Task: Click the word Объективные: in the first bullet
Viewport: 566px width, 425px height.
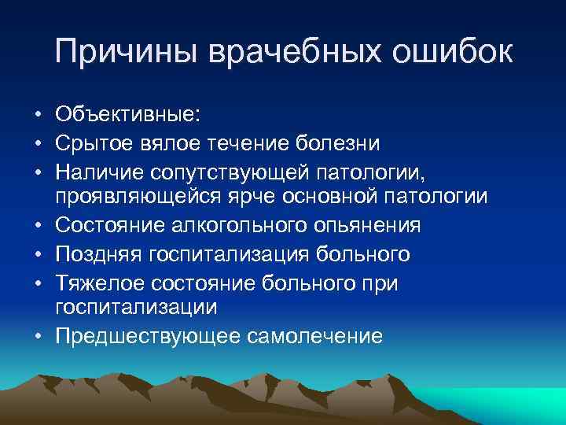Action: click(x=128, y=115)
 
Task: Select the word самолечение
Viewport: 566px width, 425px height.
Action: click(x=314, y=336)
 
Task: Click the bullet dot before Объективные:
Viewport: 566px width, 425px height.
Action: click(x=38, y=116)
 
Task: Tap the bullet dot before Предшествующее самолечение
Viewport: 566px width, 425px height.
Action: click(x=38, y=337)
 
